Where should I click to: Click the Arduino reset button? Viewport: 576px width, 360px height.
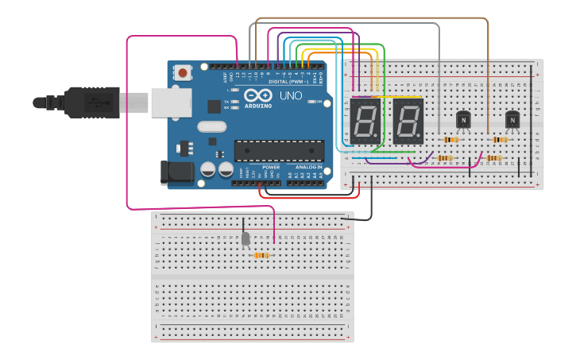pyautogui.click(x=184, y=73)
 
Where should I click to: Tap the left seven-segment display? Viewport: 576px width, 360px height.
pyautogui.click(x=364, y=121)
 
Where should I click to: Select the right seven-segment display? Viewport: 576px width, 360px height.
pyautogui.click(x=408, y=121)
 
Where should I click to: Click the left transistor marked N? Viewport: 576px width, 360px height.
pyautogui.click(x=464, y=119)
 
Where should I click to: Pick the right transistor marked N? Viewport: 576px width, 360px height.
pyautogui.click(x=512, y=119)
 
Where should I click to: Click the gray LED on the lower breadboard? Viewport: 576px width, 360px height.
pyautogui.click(x=245, y=238)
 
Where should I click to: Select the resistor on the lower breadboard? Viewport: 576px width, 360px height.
pyautogui.click(x=261, y=255)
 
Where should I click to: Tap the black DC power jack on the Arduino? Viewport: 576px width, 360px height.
pyautogui.click(x=176, y=172)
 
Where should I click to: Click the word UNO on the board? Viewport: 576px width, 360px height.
pyautogui.click(x=289, y=96)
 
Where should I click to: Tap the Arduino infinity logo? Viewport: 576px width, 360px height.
pyautogui.click(x=259, y=95)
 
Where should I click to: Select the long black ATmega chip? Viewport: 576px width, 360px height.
pyautogui.click(x=279, y=149)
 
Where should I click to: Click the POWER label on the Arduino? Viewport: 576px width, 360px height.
pyautogui.click(x=270, y=168)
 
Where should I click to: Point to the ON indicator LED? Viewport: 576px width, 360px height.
pyautogui.click(x=319, y=103)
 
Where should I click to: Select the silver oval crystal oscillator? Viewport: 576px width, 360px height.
pyautogui.click(x=211, y=126)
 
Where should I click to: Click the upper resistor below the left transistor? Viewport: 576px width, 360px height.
pyautogui.click(x=450, y=140)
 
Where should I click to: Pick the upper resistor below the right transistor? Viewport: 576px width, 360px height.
pyautogui.click(x=499, y=139)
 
